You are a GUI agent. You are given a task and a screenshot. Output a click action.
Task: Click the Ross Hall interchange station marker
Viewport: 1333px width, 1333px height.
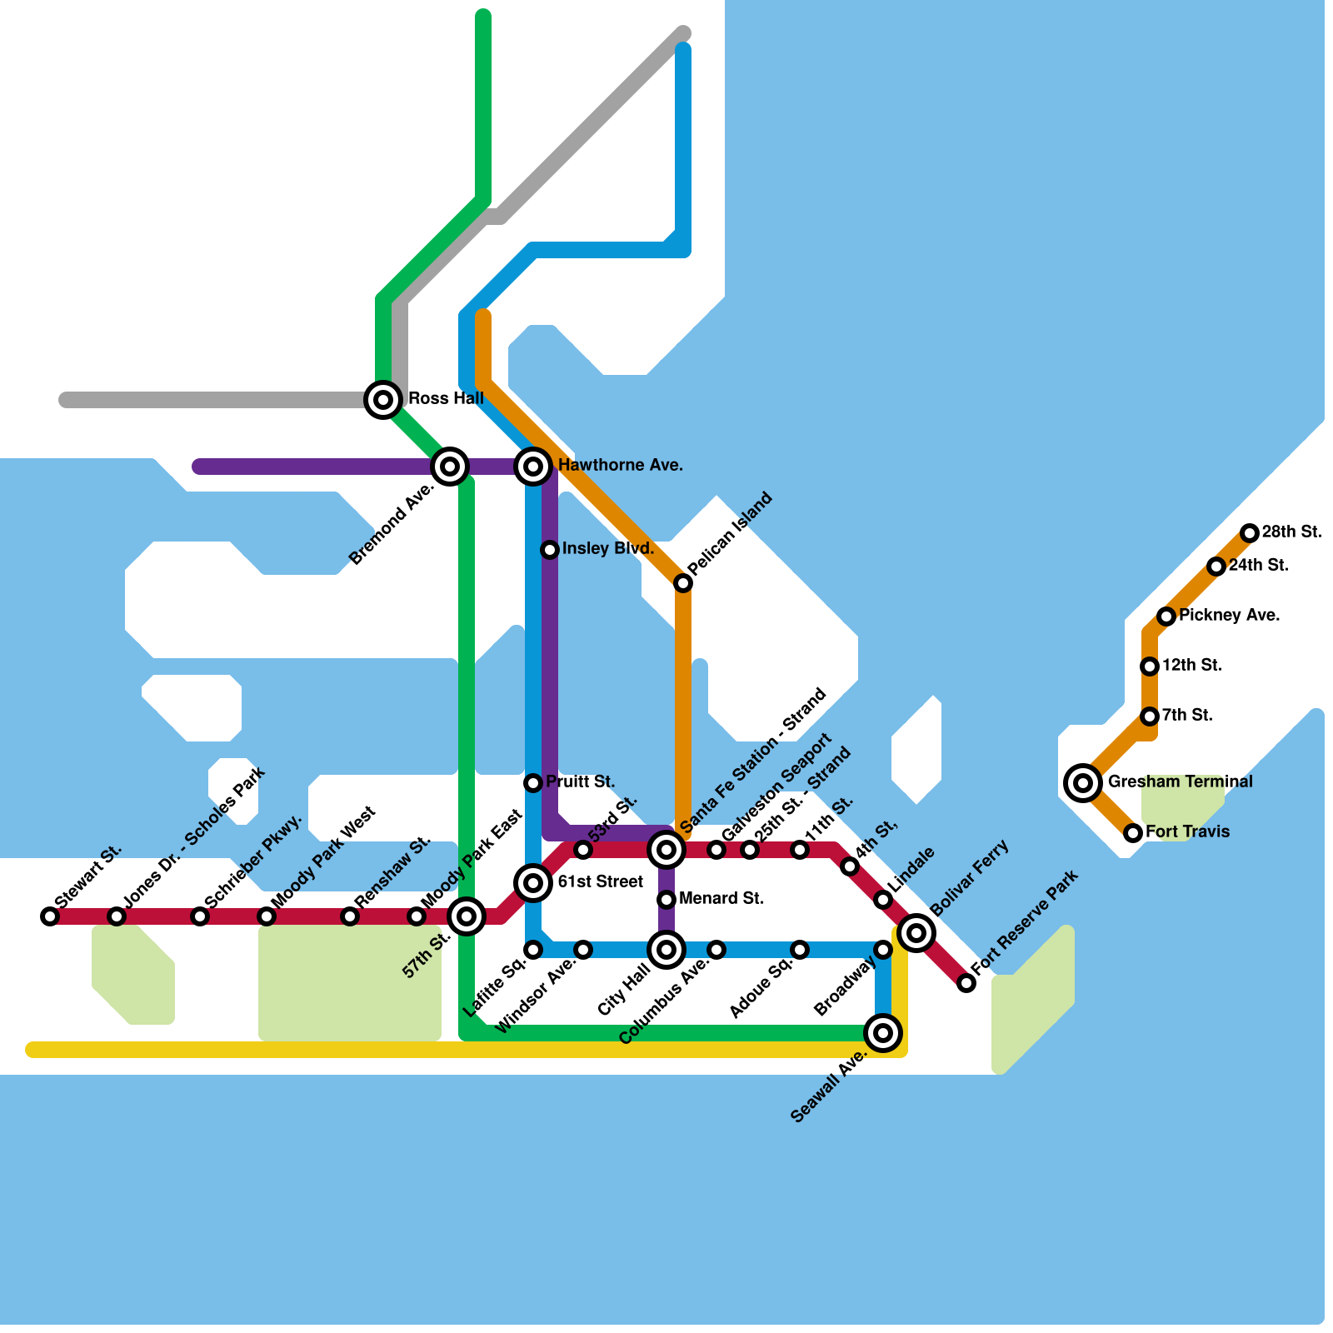point(383,400)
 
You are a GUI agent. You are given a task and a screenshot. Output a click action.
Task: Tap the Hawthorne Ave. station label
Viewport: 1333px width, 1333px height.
point(620,465)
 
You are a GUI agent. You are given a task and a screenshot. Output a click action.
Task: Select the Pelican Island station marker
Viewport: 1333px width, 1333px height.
point(683,583)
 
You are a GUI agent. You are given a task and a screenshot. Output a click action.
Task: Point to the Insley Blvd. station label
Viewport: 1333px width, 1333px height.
point(607,548)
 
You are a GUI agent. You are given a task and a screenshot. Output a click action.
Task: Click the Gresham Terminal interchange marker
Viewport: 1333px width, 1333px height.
point(1083,782)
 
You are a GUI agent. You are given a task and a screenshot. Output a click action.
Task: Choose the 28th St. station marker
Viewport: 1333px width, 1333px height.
point(1249,533)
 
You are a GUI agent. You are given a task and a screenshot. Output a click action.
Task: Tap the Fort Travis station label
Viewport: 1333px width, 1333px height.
point(1187,831)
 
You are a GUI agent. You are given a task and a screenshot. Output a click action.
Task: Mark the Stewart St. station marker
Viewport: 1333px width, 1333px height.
point(50,916)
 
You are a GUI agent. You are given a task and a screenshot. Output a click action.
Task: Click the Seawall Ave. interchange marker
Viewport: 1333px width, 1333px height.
point(883,1033)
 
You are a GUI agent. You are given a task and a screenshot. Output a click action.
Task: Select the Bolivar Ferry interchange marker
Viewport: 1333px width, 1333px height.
point(916,932)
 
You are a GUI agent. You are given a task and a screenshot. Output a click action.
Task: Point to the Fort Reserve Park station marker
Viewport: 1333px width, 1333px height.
point(966,983)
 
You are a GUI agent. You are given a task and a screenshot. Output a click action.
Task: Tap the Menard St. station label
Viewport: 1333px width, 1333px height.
point(721,898)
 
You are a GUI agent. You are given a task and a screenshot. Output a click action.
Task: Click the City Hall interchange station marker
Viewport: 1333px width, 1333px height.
point(666,950)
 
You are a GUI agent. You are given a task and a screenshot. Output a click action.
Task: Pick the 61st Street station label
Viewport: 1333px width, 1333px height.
point(600,881)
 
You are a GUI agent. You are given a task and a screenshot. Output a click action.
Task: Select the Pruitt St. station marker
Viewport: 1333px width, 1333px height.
point(533,782)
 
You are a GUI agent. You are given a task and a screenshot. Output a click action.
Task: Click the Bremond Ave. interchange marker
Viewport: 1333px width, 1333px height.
point(450,467)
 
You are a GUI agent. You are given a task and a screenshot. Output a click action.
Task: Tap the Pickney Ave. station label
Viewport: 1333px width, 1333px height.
point(1229,615)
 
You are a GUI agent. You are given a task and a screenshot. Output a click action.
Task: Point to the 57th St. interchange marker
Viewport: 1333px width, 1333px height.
point(467,916)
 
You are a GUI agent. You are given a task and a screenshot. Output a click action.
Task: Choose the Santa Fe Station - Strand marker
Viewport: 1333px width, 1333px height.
point(666,850)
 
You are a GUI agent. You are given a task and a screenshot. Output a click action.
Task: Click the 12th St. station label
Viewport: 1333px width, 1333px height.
point(1191,665)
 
